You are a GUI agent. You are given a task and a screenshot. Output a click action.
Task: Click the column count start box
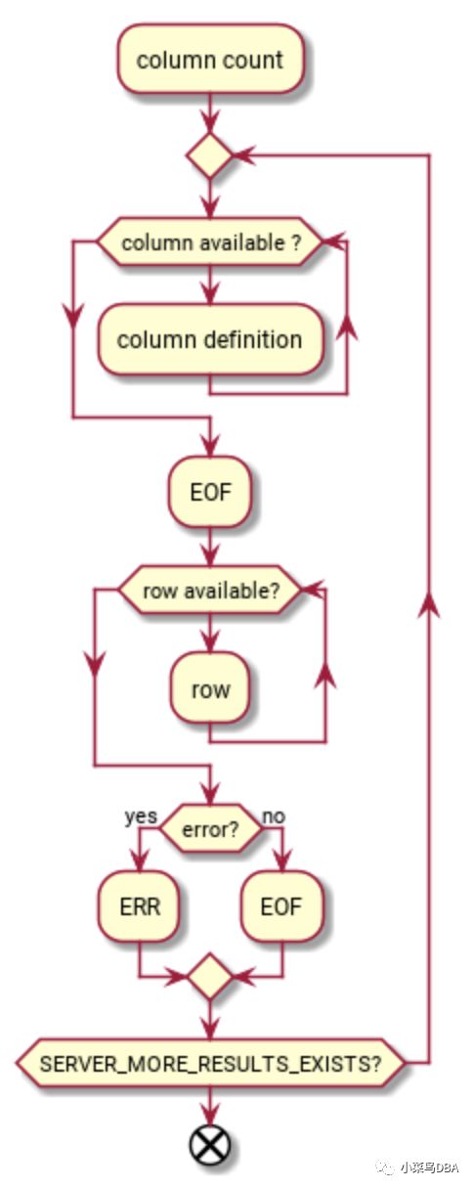[x=210, y=60]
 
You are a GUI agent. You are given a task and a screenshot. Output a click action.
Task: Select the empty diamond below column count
[x=210, y=155]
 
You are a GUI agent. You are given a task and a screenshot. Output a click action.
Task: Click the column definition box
[x=210, y=339]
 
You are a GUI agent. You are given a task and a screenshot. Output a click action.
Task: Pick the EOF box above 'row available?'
[x=210, y=492]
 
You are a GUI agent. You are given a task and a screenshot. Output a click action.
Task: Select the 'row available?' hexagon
[x=210, y=591]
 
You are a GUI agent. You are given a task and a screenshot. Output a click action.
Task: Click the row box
[x=210, y=689]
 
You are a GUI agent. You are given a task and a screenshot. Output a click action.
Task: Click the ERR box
[x=140, y=905]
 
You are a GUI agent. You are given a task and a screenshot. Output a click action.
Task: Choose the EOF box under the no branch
[x=281, y=905]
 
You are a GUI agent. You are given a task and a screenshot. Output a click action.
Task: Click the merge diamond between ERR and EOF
[x=210, y=976]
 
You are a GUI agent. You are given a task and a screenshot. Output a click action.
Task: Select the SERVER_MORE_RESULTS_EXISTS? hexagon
[x=210, y=1062]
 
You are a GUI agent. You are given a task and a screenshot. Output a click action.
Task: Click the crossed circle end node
[x=210, y=1144]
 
